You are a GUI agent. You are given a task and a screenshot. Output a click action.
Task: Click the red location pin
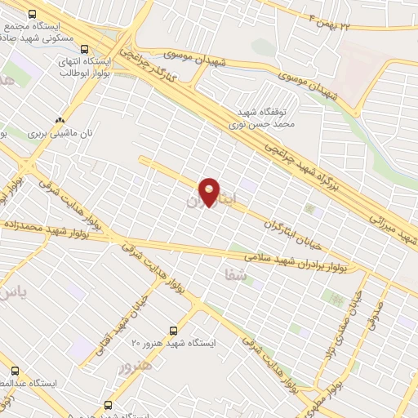(x=210, y=191)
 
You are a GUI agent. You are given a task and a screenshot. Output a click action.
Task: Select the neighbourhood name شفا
(x=235, y=275)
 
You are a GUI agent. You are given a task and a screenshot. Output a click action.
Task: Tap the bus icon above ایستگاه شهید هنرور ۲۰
(x=173, y=330)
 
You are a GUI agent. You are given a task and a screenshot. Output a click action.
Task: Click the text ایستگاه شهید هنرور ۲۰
(x=173, y=344)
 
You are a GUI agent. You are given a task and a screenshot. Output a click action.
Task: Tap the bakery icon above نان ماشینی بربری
(x=60, y=119)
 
